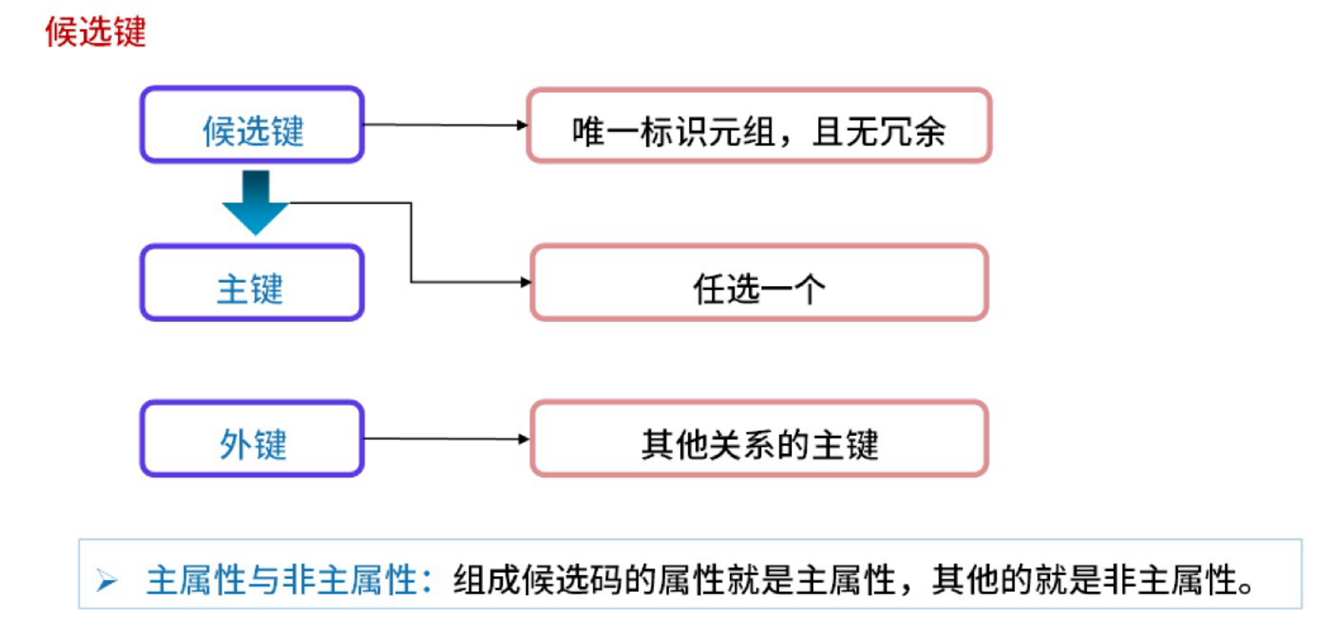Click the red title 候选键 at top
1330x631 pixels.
click(x=95, y=32)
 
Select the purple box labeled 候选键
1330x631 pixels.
click(x=252, y=125)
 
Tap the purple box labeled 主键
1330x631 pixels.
click(x=252, y=283)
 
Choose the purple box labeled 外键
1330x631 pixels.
click(x=252, y=439)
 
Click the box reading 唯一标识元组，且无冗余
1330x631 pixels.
click(x=759, y=126)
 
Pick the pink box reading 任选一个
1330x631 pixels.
click(x=759, y=283)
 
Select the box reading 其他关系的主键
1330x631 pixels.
click(x=759, y=439)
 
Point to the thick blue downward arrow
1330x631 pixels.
click(x=256, y=201)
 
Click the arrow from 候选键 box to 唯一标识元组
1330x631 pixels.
click(x=445, y=125)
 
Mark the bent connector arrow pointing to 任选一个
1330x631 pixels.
click(x=412, y=242)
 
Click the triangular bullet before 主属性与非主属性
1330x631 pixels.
click(x=107, y=580)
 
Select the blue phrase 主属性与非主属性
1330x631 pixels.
click(x=282, y=580)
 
